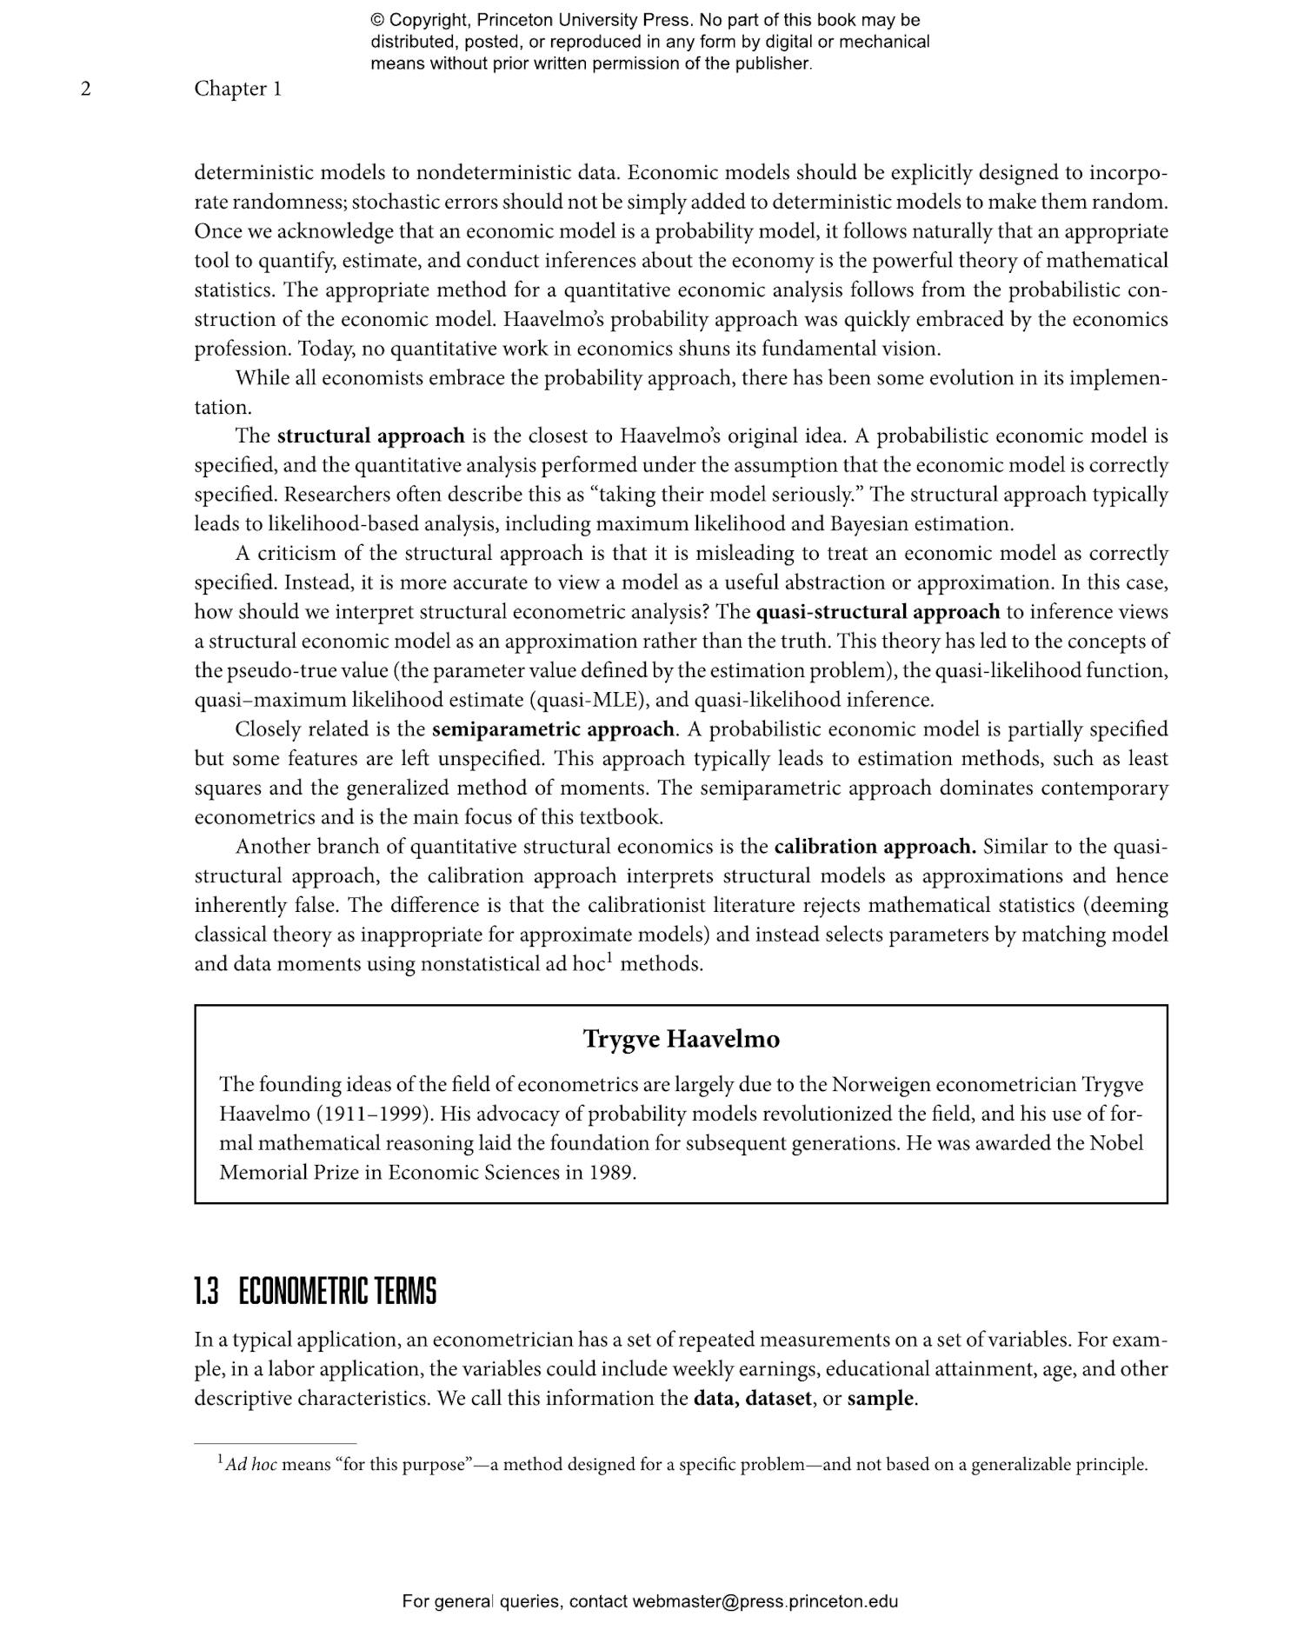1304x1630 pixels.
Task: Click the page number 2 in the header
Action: (85, 89)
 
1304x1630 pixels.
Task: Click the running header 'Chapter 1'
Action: (237, 89)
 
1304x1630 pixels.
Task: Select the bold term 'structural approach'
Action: (370, 436)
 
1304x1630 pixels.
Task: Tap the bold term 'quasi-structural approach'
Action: (877, 612)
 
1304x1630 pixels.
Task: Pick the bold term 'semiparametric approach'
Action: (553, 729)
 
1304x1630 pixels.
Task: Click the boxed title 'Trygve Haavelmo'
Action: (681, 1039)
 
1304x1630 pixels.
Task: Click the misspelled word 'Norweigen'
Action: (881, 1085)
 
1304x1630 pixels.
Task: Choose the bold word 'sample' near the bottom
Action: (880, 1399)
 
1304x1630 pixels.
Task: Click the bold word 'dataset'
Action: (777, 1399)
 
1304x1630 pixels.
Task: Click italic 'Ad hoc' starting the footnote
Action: (251, 1465)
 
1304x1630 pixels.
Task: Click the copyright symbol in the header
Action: (377, 20)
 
